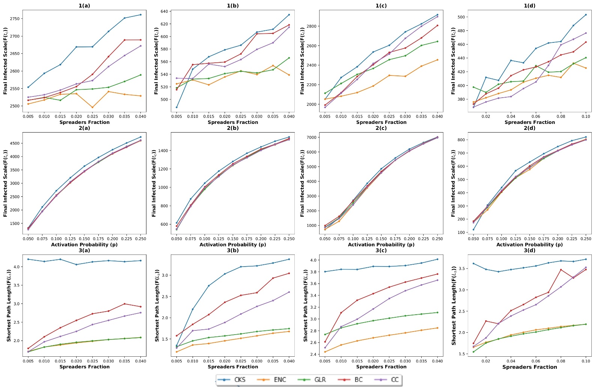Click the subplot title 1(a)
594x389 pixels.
point(84,6)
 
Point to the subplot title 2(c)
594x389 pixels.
point(381,128)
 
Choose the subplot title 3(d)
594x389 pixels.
point(529,250)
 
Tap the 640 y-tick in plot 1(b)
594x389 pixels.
point(164,12)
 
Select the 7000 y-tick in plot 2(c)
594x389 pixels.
point(311,137)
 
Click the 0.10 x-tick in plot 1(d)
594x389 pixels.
point(586,116)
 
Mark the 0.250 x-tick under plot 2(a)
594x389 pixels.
point(140,238)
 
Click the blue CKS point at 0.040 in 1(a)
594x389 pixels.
point(140,15)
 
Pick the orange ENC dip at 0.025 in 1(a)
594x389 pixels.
point(92,107)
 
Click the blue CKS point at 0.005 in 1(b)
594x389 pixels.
point(176,107)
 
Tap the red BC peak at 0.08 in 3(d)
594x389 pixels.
point(561,270)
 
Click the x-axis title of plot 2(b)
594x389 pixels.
point(232,244)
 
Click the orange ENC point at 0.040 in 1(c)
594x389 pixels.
point(437,60)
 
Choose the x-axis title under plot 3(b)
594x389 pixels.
point(232,367)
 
